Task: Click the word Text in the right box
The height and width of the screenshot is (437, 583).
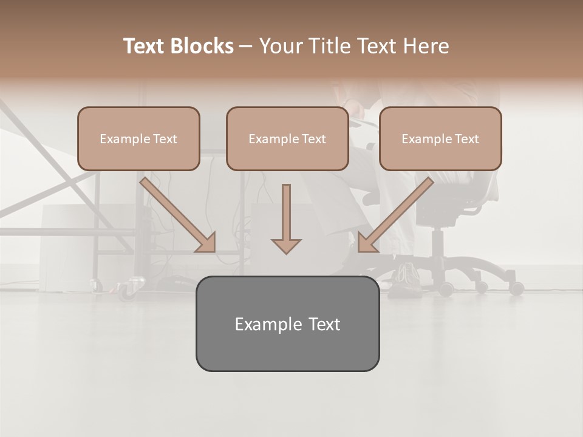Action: click(466, 139)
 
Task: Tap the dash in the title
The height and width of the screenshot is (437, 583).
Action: click(246, 47)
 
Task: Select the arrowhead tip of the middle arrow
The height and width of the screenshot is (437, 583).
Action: click(286, 252)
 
